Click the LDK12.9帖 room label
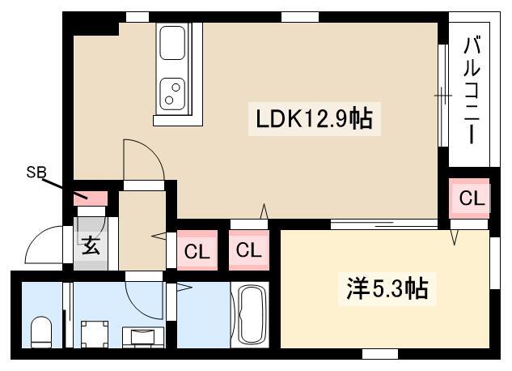[314, 118]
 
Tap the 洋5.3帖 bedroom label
[387, 288]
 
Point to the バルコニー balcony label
[472, 91]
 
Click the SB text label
[36, 173]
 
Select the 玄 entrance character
[91, 245]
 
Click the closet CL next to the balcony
[469, 198]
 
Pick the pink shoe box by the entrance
[90, 198]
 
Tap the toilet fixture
[41, 332]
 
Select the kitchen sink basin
[172, 43]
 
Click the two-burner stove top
[172, 93]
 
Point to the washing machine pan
[95, 334]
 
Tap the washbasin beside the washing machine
[143, 337]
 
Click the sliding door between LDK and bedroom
[384, 224]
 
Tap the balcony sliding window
[443, 96]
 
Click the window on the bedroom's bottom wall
[380, 354]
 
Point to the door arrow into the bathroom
[184, 288]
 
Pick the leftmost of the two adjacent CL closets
[197, 250]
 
